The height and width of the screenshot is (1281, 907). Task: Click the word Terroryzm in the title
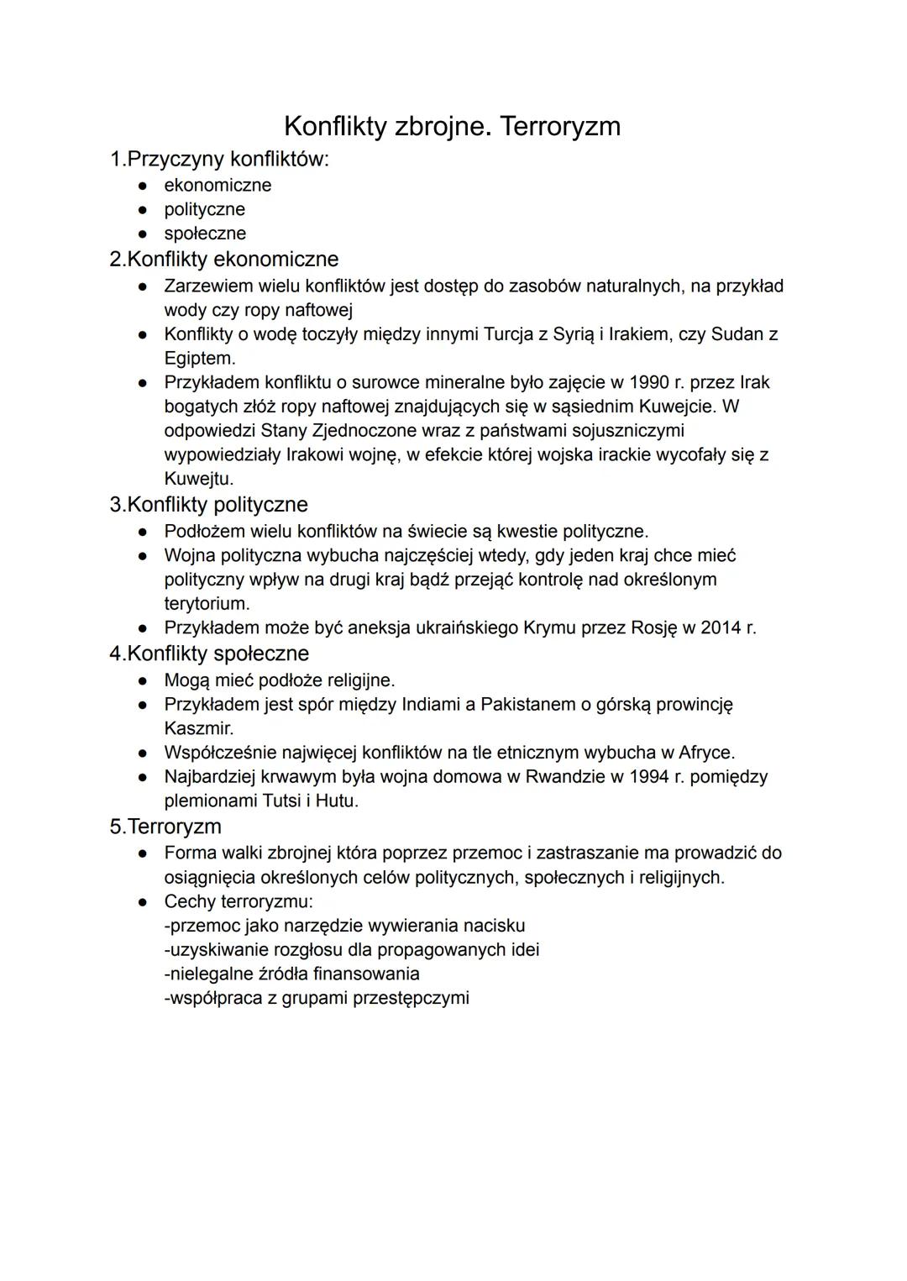tap(559, 127)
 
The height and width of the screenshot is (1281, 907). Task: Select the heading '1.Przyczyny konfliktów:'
tap(219, 159)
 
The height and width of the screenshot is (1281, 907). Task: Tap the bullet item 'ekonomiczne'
tap(218, 185)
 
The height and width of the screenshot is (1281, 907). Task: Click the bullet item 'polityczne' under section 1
tap(204, 209)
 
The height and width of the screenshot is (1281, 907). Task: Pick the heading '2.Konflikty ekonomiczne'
tap(224, 259)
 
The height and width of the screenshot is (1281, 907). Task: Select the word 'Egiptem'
tap(198, 358)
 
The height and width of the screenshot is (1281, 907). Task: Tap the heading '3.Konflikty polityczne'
tap(209, 504)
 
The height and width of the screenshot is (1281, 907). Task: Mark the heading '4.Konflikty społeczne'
tap(209, 653)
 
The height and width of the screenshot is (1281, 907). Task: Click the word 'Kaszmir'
tap(197, 728)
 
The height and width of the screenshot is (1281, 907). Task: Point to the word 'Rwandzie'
tap(564, 776)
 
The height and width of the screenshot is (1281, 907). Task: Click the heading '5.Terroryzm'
tap(165, 826)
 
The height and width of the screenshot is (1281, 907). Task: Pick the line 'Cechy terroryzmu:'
tap(239, 901)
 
